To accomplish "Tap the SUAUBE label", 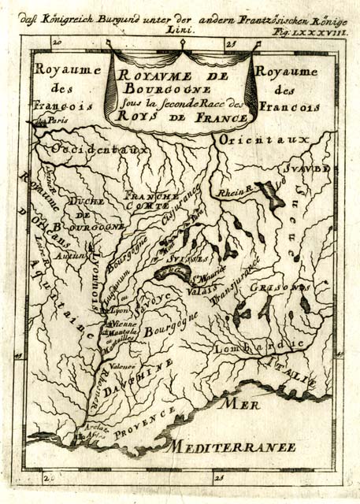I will (308, 169).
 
